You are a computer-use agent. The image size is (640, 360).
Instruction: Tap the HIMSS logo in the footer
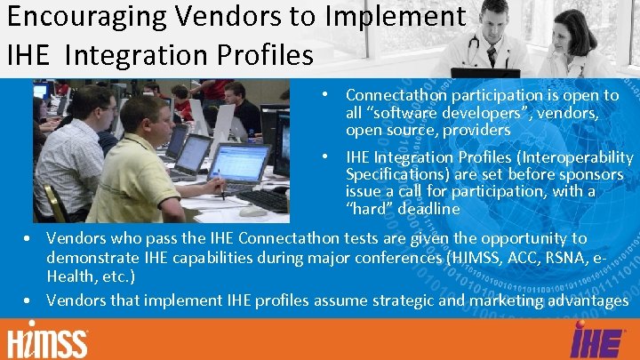(48, 341)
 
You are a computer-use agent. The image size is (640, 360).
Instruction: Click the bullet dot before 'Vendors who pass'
(29, 239)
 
